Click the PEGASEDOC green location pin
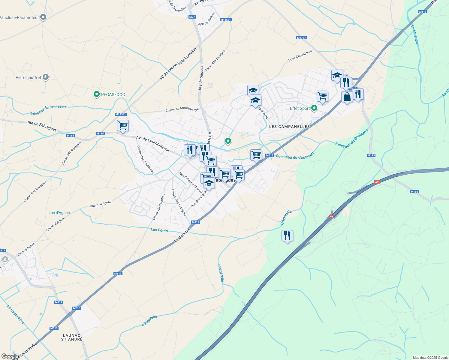pyautogui.click(x=97, y=94)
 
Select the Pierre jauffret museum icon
pyautogui.click(x=46, y=77)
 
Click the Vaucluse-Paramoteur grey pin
pyautogui.click(x=43, y=17)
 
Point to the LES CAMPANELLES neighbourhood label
pyautogui.click(x=289, y=127)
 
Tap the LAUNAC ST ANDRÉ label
pyautogui.click(x=72, y=337)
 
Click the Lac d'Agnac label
pyautogui.click(x=59, y=213)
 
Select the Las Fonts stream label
pyautogui.click(x=159, y=230)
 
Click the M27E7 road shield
pyautogui.click(x=301, y=38)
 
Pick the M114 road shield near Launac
pyautogui.click(x=59, y=302)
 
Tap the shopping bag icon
pyautogui.click(x=347, y=97)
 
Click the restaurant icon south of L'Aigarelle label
pyautogui.click(x=287, y=236)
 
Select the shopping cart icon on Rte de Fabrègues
pyautogui.click(x=123, y=126)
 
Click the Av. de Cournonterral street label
pyautogui.click(x=153, y=144)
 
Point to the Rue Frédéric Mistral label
pyautogui.click(x=191, y=182)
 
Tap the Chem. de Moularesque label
pyautogui.click(x=182, y=110)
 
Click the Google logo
pyautogui.click(x=10, y=356)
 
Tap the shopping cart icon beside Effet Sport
pyautogui.click(x=322, y=96)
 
